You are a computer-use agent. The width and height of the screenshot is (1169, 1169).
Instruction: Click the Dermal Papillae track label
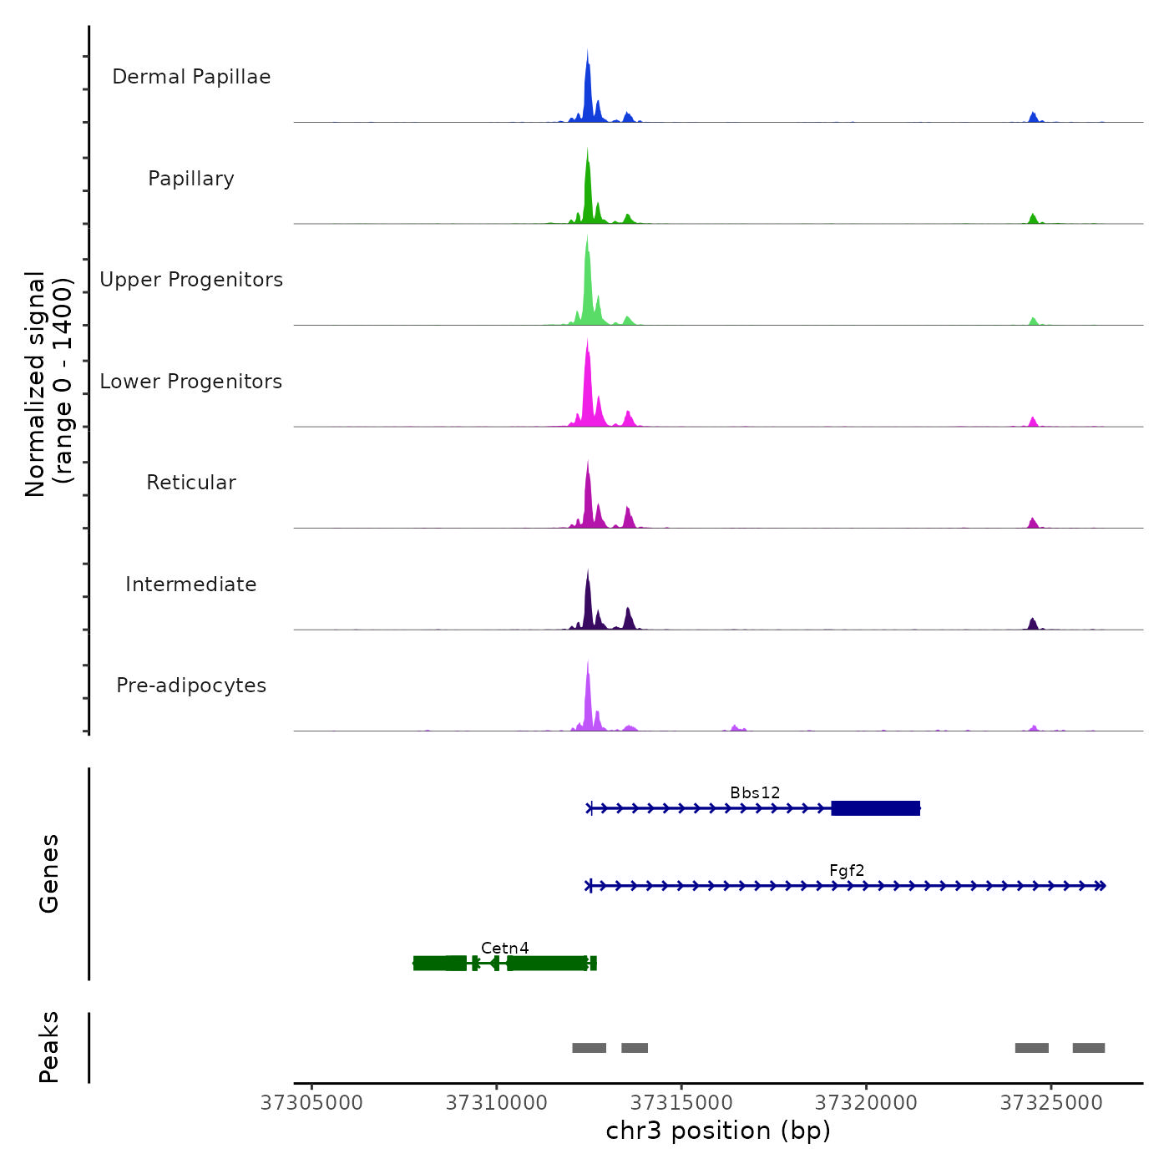pos(191,77)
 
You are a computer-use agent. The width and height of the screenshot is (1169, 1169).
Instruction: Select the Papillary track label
pos(191,179)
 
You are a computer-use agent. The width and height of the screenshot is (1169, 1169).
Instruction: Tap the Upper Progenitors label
pos(191,280)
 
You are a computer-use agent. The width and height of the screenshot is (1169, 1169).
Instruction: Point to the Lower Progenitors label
pos(191,382)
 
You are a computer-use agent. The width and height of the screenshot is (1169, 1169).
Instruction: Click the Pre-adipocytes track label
pos(191,686)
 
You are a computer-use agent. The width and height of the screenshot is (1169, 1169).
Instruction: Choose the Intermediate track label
pos(191,584)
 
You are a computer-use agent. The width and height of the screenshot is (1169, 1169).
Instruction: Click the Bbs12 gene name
pos(755,792)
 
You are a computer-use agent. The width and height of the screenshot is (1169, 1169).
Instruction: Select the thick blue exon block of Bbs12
pos(875,808)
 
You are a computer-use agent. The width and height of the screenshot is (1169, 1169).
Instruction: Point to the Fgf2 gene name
pos(847,870)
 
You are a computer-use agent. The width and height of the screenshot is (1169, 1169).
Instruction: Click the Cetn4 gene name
pos(504,948)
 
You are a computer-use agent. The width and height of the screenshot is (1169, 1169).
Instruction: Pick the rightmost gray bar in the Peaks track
pos(1088,1048)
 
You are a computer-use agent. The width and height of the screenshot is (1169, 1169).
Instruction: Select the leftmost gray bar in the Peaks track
pos(589,1048)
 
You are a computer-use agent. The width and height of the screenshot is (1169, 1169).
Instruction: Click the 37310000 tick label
pos(497,1103)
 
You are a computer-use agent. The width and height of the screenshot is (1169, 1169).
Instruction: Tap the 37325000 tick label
pos(1051,1103)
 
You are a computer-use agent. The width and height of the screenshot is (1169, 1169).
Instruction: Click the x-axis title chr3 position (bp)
pos(718,1131)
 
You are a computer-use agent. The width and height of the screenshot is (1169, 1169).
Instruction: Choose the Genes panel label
pos(49,873)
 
